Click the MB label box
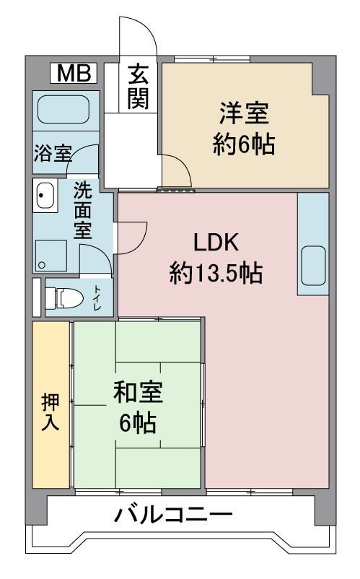74,73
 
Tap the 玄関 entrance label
139,87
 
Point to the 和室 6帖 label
138,407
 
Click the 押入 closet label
51,412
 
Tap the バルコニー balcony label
173,516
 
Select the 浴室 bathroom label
53,153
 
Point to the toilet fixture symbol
66,297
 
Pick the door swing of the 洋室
177,170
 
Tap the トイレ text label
97,298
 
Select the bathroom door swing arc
83,159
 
